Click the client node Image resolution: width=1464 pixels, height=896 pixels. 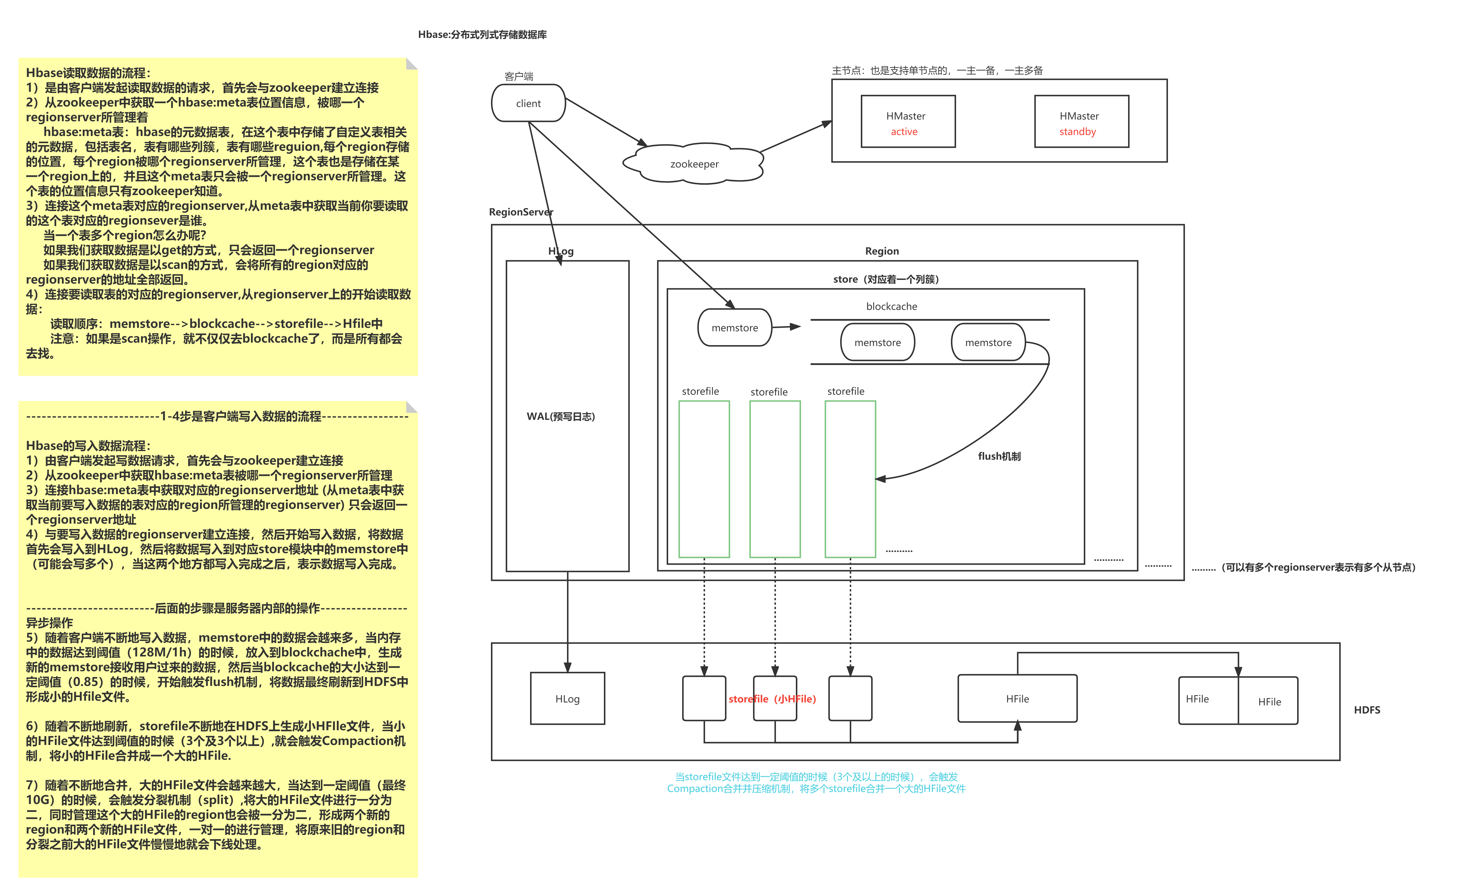tap(528, 103)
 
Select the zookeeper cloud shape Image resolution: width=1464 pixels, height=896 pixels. tap(694, 164)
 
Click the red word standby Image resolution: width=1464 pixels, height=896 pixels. tap(1077, 132)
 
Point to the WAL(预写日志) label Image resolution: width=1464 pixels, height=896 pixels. tap(560, 416)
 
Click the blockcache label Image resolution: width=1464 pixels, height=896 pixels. tap(891, 306)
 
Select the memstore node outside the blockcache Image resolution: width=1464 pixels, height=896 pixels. tap(734, 328)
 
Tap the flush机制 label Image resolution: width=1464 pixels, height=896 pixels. tap(999, 456)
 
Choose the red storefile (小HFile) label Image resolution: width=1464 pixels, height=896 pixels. tap(772, 699)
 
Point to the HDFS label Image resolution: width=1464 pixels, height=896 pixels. tap(1367, 710)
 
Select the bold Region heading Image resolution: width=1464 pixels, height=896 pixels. tap(882, 251)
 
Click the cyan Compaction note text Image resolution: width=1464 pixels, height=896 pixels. tap(816, 783)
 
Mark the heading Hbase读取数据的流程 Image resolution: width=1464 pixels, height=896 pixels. tap(88, 73)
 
